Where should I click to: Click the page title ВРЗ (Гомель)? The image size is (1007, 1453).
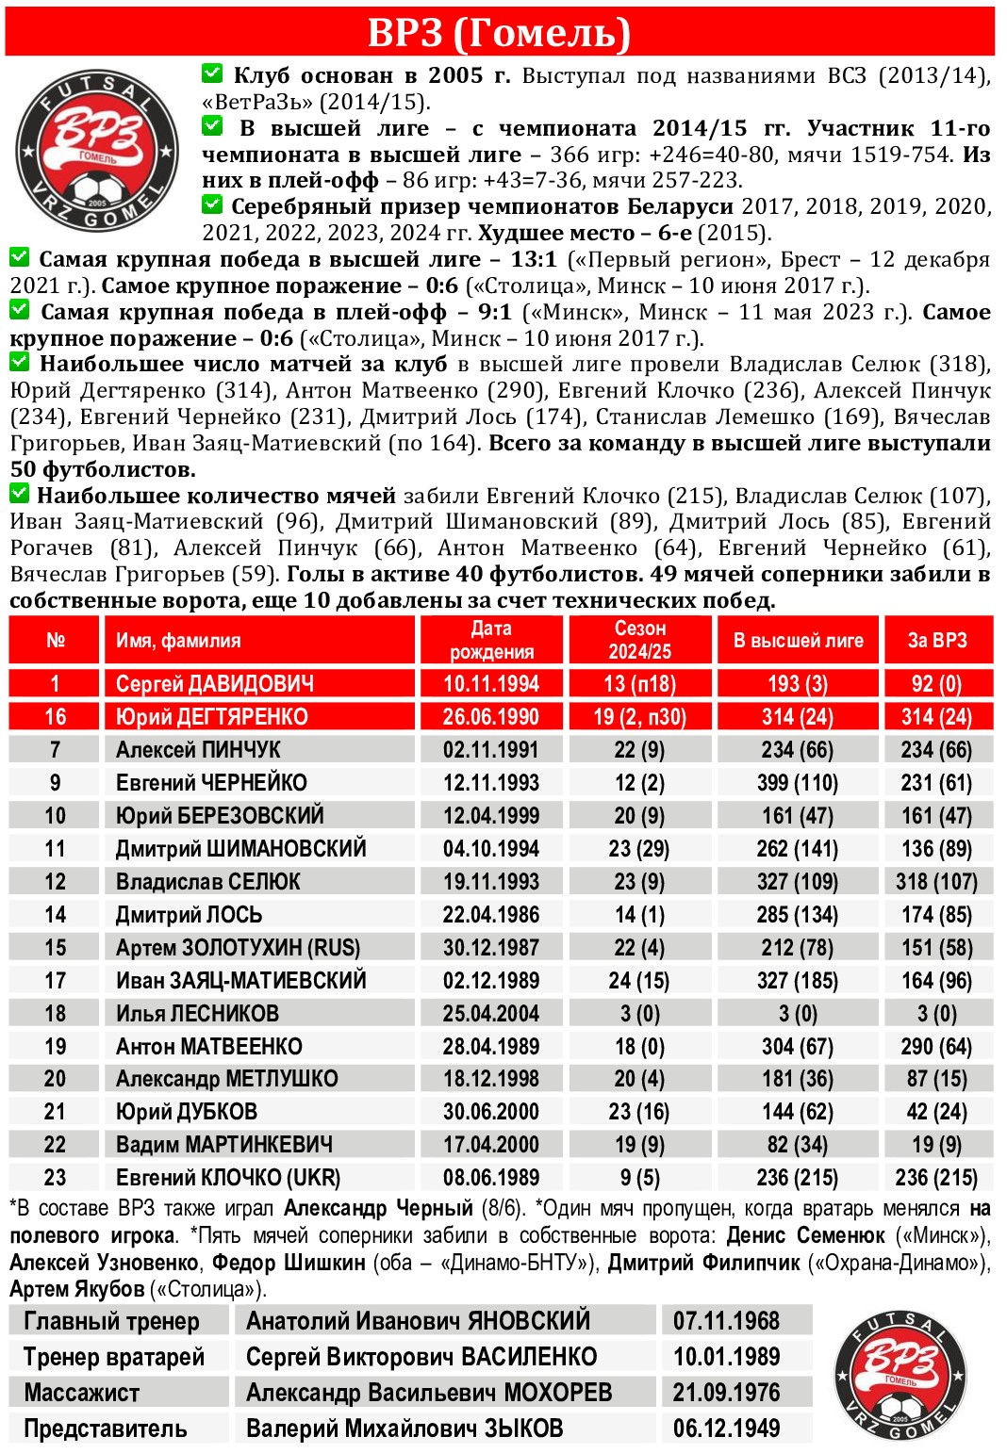coord(499,32)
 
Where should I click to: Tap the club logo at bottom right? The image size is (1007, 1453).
coord(900,1376)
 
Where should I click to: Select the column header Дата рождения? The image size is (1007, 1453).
coord(491,640)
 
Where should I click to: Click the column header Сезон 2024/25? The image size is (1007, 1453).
coord(640,640)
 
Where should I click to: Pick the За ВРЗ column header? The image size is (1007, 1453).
coord(937,641)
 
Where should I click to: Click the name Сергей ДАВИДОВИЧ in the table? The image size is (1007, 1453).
coord(215,684)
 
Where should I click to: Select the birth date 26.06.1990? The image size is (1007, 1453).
coord(491,717)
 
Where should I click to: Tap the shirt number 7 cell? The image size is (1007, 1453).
coord(55,750)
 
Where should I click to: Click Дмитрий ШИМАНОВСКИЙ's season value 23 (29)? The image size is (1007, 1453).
coord(639,849)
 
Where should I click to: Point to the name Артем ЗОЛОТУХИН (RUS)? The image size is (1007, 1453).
coord(238,948)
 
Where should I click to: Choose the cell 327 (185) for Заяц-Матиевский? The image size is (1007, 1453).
coord(798,981)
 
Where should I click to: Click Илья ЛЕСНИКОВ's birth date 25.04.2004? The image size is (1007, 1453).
coord(491,1014)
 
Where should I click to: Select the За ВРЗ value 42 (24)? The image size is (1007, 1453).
coord(937,1112)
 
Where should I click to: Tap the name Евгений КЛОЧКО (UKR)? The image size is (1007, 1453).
coord(228,1178)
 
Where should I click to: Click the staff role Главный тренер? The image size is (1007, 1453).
coord(111,1321)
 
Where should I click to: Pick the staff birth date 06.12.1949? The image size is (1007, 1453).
coord(726,1429)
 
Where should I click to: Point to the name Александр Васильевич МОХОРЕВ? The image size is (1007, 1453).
coord(429,1393)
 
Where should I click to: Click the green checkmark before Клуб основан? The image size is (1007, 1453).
coord(212,73)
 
